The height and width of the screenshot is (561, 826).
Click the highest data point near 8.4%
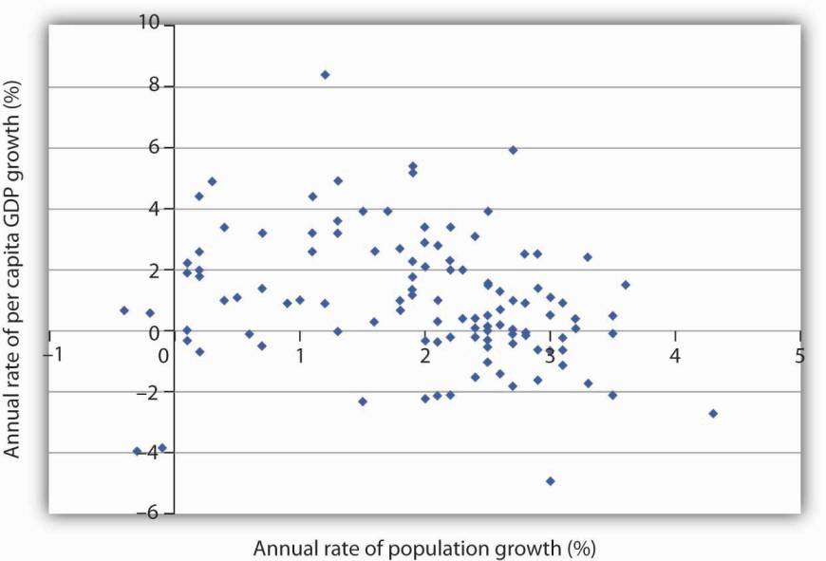[x=325, y=74]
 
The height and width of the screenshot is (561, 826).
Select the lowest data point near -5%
[x=550, y=481]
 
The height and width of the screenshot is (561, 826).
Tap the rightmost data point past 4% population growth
[x=713, y=413]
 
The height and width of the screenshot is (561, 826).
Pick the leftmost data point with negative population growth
[x=124, y=310]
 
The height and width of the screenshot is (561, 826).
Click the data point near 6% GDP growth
[x=513, y=150]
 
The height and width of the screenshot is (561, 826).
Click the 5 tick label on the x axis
[x=800, y=353]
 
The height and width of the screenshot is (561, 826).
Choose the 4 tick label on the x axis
[x=675, y=353]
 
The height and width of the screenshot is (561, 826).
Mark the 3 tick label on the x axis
[x=550, y=353]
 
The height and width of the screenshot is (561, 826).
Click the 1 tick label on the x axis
[x=300, y=353]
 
